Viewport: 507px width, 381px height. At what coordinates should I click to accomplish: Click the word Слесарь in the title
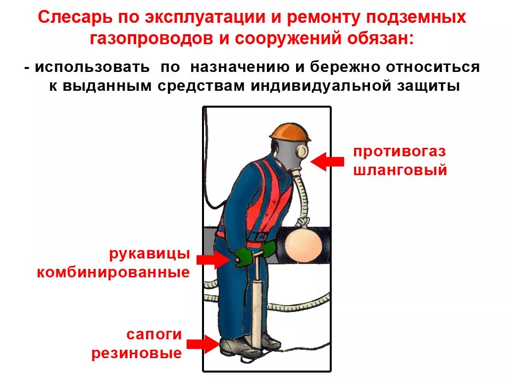(74, 19)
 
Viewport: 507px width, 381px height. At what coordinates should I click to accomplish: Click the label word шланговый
(400, 170)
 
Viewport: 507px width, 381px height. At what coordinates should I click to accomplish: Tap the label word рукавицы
(150, 254)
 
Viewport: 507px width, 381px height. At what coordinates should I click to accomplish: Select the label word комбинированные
(113, 272)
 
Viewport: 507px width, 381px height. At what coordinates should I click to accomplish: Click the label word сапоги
(154, 334)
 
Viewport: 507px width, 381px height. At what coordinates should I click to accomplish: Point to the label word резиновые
(136, 353)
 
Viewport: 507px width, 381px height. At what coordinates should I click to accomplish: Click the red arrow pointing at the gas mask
(327, 161)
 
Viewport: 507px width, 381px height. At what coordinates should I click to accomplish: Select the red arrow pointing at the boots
(203, 344)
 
